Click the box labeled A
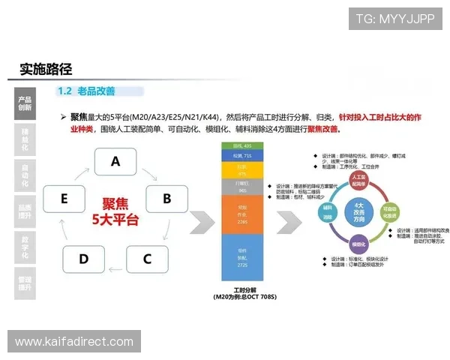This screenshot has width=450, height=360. tap(115, 161)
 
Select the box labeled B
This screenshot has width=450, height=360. tap(166, 198)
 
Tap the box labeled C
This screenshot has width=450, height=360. tap(147, 259)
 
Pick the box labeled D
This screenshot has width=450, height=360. tap(83, 259)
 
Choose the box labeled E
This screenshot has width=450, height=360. tap(64, 198)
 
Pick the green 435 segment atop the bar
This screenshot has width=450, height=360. tap(241, 145)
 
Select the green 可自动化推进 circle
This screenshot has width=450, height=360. tap(389, 211)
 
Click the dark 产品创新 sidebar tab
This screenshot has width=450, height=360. tap(25, 103)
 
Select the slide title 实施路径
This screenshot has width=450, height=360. tap(46, 70)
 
